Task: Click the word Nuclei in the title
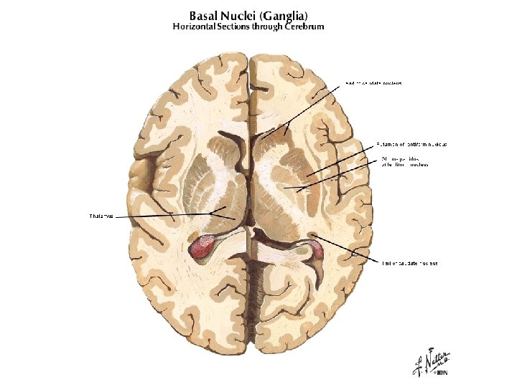[x=241, y=15]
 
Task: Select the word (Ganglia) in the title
[x=285, y=16]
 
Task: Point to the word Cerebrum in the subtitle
[x=305, y=27]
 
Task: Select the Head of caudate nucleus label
[x=373, y=83]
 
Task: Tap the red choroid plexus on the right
[x=316, y=250]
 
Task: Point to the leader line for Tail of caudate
[x=345, y=248]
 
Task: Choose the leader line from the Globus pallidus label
[x=337, y=174]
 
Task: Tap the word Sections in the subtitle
[x=241, y=27]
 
